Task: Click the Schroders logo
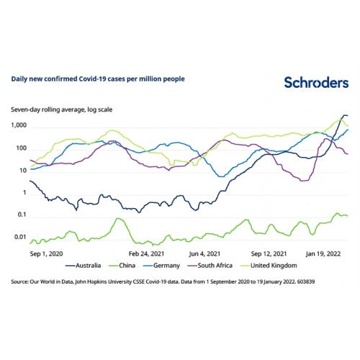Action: point(316,83)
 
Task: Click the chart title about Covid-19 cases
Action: point(98,79)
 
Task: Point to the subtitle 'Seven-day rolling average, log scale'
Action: point(62,109)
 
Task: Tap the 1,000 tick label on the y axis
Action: point(19,125)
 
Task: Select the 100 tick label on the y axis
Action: point(22,148)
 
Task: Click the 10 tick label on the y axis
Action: point(23,171)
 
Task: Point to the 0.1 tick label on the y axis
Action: point(22,215)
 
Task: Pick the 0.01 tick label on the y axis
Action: point(21,237)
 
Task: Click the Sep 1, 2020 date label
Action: point(46,254)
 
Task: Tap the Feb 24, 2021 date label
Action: point(146,254)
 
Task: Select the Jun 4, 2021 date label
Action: point(204,254)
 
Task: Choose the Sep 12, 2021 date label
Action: point(269,254)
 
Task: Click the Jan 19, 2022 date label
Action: point(323,254)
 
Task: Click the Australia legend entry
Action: point(84,266)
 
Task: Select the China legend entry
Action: point(122,266)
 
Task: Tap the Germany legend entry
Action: point(161,266)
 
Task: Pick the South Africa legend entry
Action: point(210,266)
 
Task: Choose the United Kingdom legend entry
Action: point(269,266)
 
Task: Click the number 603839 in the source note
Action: point(306,282)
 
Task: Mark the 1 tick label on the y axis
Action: point(24,192)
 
